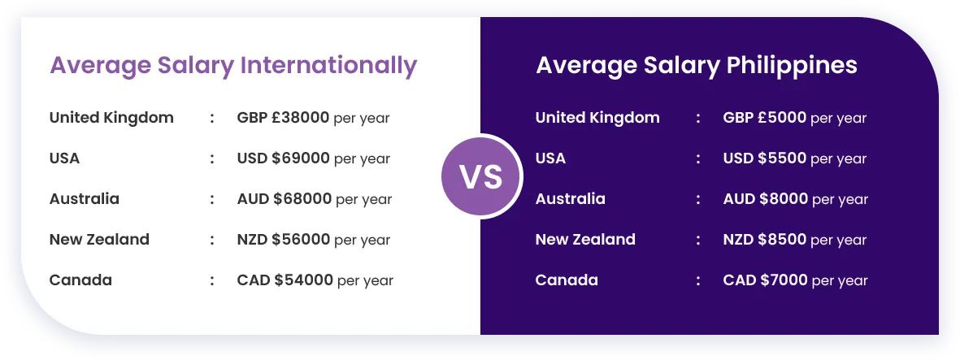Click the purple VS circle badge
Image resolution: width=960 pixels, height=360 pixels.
point(481,176)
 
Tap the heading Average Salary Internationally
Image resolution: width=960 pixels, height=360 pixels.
point(233,66)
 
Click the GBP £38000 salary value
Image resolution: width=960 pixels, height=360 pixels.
point(283,118)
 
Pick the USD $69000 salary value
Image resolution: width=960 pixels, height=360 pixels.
point(284,158)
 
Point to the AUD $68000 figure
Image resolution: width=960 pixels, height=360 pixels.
point(284,199)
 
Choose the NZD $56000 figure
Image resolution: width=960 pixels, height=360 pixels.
point(284,240)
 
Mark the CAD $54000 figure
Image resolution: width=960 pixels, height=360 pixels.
point(285,280)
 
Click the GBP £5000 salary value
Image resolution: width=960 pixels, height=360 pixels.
point(765,118)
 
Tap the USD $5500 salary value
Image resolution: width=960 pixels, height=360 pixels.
point(765,158)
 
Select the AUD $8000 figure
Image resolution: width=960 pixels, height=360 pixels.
point(765,199)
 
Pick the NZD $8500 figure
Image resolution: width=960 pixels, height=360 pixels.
point(765,240)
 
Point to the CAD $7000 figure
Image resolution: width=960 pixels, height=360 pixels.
point(765,280)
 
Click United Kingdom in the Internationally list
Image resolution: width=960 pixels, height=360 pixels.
point(111,118)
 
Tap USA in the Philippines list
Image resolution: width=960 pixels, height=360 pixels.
point(550,158)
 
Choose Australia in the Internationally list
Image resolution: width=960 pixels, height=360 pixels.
point(85,199)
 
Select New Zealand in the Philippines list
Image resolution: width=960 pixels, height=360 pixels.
point(585,240)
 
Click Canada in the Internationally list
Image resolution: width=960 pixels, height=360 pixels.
point(80,280)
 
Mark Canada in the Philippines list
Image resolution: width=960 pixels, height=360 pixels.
point(567,280)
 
